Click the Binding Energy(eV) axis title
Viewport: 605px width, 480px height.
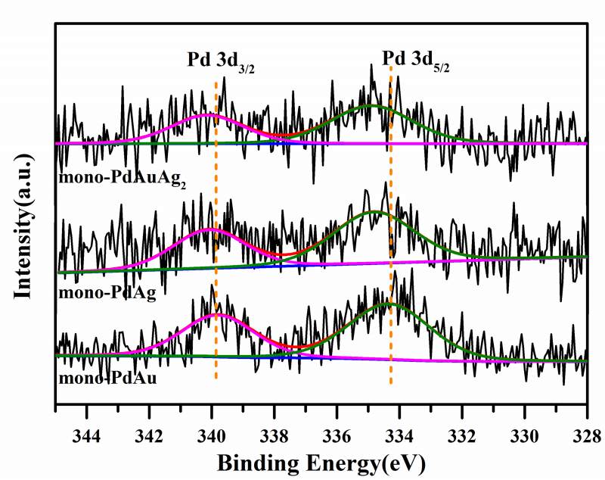pyautogui.click(x=321, y=461)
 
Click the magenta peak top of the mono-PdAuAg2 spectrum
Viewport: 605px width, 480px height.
pyautogui.click(x=207, y=115)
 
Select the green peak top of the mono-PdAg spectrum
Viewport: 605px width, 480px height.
pyautogui.click(x=374, y=212)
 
